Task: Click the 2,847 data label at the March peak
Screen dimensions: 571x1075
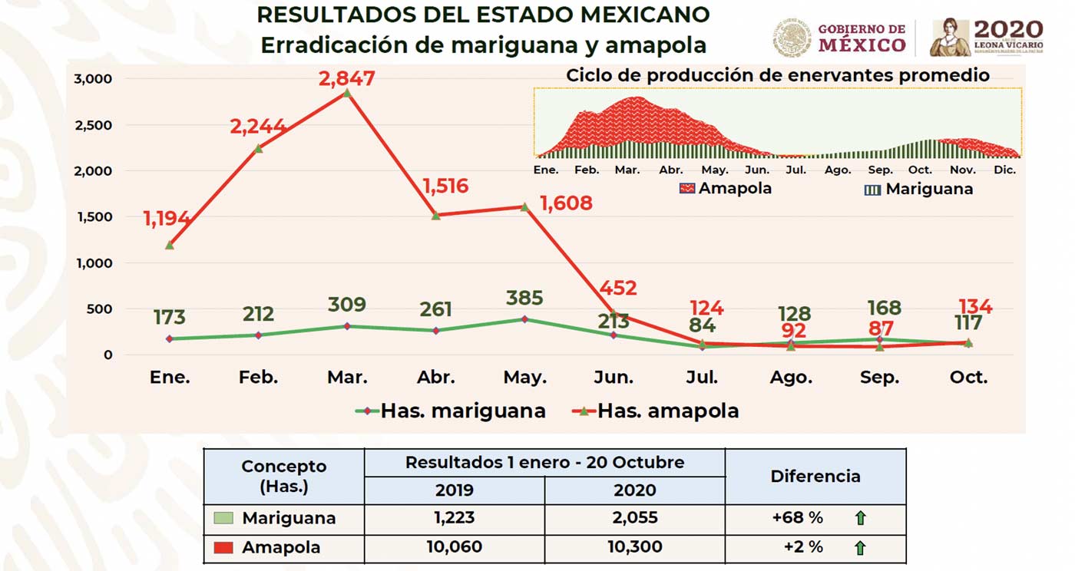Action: pyautogui.click(x=347, y=78)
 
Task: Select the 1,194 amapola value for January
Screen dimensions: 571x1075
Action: pyautogui.click(x=167, y=219)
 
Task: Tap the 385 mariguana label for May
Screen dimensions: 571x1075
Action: pyautogui.click(x=525, y=298)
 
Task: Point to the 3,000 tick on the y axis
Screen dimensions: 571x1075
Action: pyautogui.click(x=93, y=78)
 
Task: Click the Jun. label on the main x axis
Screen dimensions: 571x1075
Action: pyautogui.click(x=614, y=378)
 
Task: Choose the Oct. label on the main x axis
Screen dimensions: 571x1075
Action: pyautogui.click(x=968, y=378)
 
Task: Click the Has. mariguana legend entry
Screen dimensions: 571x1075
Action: pyautogui.click(x=451, y=411)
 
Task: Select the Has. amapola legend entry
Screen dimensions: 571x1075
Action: pyautogui.click(x=657, y=411)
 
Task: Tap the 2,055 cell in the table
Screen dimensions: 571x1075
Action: pyautogui.click(x=635, y=518)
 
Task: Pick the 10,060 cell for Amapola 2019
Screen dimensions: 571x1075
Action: pyautogui.click(x=454, y=548)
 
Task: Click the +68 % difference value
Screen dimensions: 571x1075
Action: pyautogui.click(x=798, y=518)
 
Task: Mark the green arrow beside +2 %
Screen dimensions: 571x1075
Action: pyautogui.click(x=860, y=548)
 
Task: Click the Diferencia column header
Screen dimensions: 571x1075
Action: pyautogui.click(x=815, y=476)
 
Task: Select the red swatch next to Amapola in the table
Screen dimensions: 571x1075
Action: pyautogui.click(x=223, y=548)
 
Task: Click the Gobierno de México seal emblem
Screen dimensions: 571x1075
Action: pyautogui.click(x=792, y=38)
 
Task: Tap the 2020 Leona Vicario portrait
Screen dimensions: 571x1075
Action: pyautogui.click(x=950, y=38)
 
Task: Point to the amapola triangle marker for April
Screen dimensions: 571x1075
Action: pyautogui.click(x=435, y=216)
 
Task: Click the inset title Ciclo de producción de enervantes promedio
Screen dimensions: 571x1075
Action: pyautogui.click(x=777, y=76)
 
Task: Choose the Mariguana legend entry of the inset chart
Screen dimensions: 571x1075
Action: pyautogui.click(x=919, y=189)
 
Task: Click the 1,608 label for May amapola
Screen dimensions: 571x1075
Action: pyautogui.click(x=566, y=203)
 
